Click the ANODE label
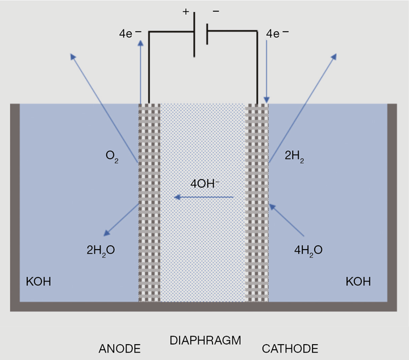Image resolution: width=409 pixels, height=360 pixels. click(119, 348)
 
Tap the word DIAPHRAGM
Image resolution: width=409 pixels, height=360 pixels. click(205, 341)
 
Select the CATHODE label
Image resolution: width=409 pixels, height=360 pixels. click(290, 348)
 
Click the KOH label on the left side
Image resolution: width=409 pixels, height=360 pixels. click(39, 281)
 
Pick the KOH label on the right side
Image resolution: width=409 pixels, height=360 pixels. click(358, 281)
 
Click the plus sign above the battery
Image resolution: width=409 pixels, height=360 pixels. click(186, 11)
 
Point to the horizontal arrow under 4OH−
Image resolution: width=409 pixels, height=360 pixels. click(204, 197)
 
